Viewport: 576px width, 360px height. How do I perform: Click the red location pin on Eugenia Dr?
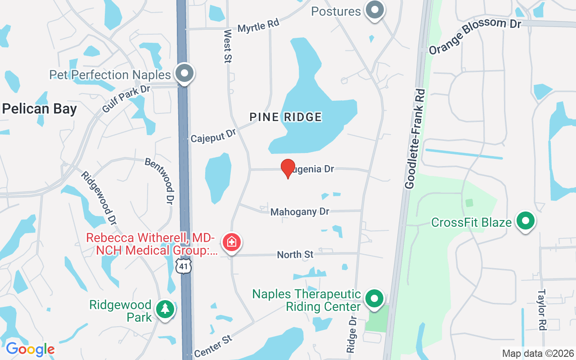pyautogui.click(x=288, y=168)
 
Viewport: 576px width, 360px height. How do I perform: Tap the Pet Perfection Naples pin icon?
pyautogui.click(x=184, y=74)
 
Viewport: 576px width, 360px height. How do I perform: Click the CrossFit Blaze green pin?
pyautogui.click(x=525, y=221)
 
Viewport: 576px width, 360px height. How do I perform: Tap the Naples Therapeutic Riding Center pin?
pyautogui.click(x=374, y=298)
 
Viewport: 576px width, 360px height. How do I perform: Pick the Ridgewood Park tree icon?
pyautogui.click(x=165, y=309)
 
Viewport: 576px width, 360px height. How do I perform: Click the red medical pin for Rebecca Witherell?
pyautogui.click(x=232, y=242)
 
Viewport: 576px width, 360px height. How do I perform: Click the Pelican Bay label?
pyautogui.click(x=39, y=109)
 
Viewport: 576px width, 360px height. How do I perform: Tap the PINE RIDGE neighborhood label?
pyautogui.click(x=286, y=117)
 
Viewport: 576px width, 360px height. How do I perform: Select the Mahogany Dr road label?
pyautogui.click(x=300, y=211)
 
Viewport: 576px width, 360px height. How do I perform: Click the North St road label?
pyautogui.click(x=295, y=255)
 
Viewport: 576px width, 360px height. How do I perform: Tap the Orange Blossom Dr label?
pyautogui.click(x=475, y=36)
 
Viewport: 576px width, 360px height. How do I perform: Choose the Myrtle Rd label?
pyautogui.click(x=258, y=26)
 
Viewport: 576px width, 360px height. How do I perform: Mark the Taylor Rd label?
pyautogui.click(x=541, y=309)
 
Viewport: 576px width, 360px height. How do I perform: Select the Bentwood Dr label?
pyautogui.click(x=159, y=179)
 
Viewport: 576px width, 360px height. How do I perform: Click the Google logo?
pyautogui.click(x=30, y=349)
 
